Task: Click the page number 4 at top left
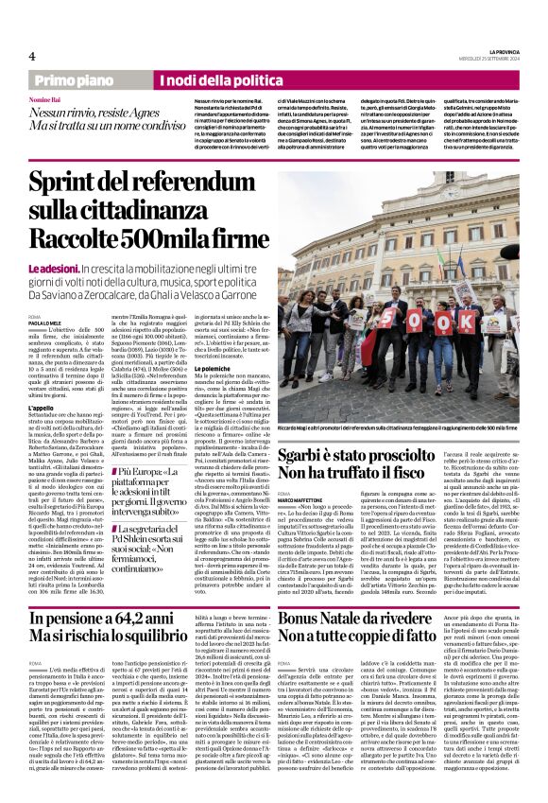click(31, 57)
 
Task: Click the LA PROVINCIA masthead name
click(500, 51)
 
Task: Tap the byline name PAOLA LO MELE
click(45, 321)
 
